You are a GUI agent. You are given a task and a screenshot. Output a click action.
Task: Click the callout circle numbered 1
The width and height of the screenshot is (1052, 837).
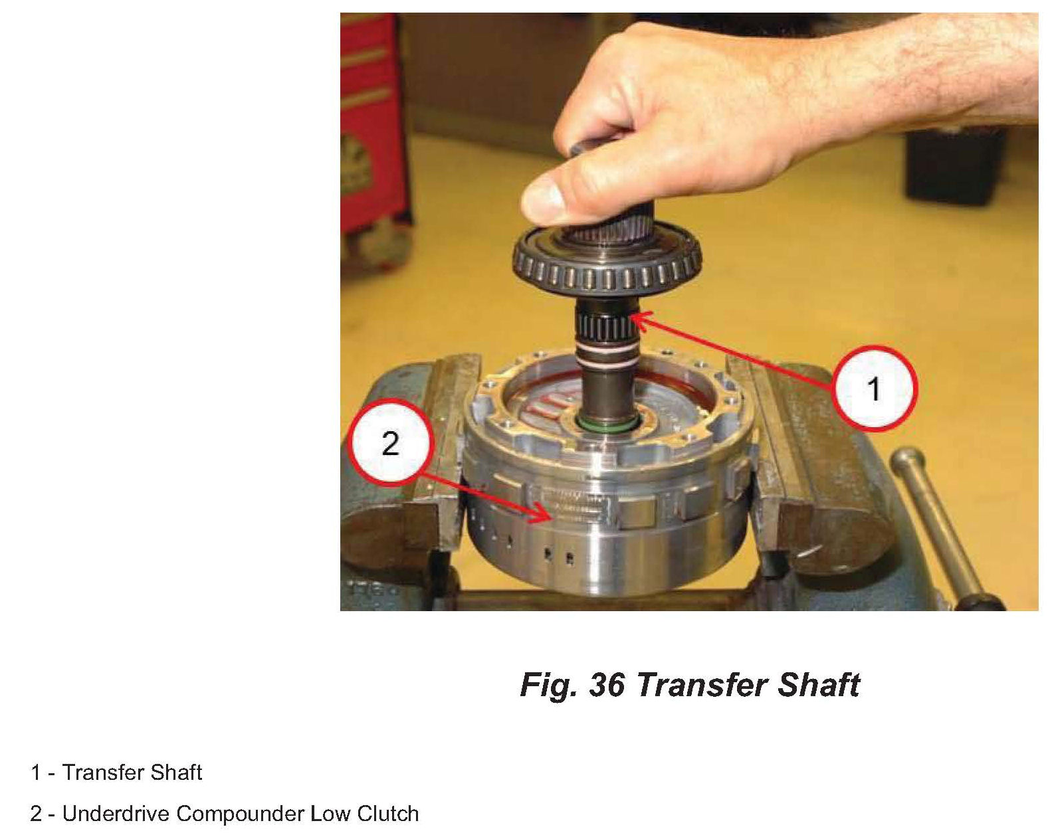tap(874, 389)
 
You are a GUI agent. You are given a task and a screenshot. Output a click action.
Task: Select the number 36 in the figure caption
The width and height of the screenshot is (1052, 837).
tap(607, 685)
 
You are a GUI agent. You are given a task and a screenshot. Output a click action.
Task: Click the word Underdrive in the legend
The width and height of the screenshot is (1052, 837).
tap(116, 814)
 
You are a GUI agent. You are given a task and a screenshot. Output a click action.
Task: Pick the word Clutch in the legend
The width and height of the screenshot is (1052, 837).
tap(387, 814)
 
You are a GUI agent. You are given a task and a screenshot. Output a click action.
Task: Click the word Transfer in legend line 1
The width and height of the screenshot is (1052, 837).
tap(102, 773)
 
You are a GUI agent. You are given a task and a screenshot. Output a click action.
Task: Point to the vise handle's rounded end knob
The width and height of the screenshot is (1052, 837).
tap(908, 462)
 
